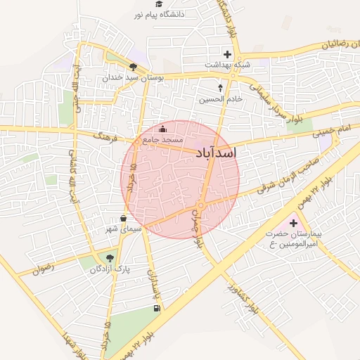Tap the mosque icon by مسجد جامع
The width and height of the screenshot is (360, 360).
point(163,129)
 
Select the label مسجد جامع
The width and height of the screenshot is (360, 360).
point(162,140)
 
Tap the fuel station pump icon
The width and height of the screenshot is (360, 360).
point(155,307)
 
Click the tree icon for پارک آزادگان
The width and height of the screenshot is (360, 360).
point(108,257)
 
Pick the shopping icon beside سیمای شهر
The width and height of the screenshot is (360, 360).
point(124,218)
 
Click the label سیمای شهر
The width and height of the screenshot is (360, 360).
point(123,229)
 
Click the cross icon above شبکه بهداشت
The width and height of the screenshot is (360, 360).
point(226,53)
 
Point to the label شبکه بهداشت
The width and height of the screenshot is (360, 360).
point(227,64)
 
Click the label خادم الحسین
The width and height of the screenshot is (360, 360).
point(220,99)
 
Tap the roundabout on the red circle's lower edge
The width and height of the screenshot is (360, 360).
point(200,205)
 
